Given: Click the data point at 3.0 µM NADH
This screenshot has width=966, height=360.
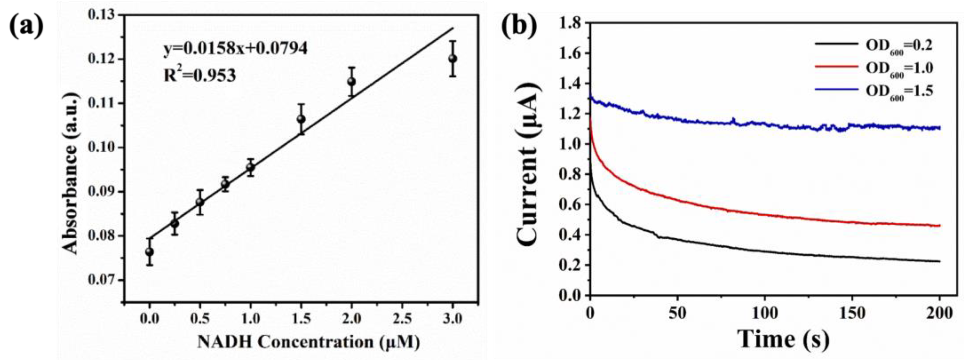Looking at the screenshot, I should (x=453, y=59).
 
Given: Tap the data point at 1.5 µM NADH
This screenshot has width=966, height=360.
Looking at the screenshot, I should (x=301, y=119).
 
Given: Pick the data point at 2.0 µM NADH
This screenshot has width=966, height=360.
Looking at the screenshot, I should (x=351, y=81).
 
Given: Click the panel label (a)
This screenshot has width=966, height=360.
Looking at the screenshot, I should (x=26, y=26).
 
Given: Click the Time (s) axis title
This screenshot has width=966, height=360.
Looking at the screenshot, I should (x=784, y=339).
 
